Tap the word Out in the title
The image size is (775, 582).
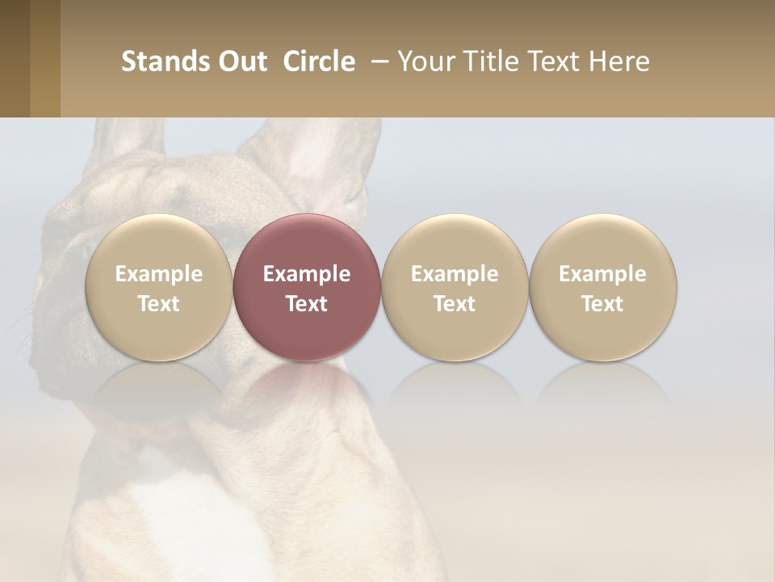pos(241,61)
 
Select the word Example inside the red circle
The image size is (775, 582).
pos(307,274)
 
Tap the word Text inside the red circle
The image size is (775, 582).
pos(307,304)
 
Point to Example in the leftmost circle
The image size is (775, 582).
pos(159,274)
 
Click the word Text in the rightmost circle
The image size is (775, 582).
pos(602,304)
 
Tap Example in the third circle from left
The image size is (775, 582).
pos(455,274)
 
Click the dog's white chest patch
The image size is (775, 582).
pos(186,525)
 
